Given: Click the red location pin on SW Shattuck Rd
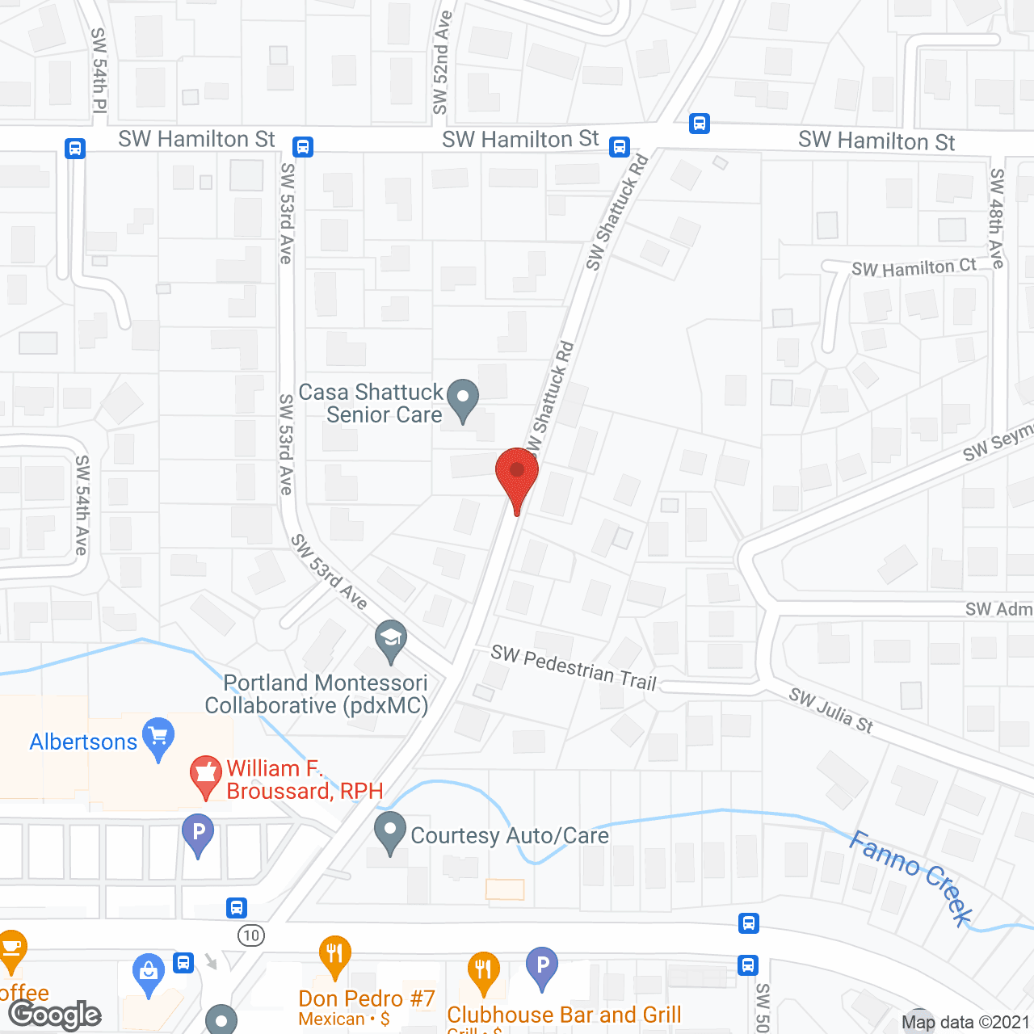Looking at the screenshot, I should click(x=516, y=473).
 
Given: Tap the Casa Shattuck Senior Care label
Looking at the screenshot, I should click(x=371, y=403).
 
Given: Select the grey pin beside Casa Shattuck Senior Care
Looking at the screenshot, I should click(x=463, y=399).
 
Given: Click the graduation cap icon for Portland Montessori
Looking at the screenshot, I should click(x=391, y=639).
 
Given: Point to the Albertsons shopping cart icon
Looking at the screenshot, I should click(x=158, y=736).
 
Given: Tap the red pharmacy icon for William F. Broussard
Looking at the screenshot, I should click(x=205, y=775).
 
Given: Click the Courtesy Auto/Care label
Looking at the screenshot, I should click(x=510, y=835).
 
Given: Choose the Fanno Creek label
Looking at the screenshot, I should click(x=911, y=877).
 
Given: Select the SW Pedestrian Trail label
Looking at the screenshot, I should click(x=574, y=667).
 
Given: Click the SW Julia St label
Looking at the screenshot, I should click(x=831, y=710).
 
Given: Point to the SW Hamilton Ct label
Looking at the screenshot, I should click(x=914, y=267).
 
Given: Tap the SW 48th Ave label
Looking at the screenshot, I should click(x=998, y=218).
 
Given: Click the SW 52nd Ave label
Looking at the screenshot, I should click(x=441, y=63).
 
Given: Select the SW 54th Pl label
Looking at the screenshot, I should click(x=99, y=70).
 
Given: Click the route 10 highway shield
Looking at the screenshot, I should click(x=251, y=935).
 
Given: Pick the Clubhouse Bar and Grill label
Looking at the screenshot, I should click(x=564, y=1015).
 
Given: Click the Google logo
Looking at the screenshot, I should click(x=55, y=1015).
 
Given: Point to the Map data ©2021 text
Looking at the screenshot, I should click(x=965, y=1022).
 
